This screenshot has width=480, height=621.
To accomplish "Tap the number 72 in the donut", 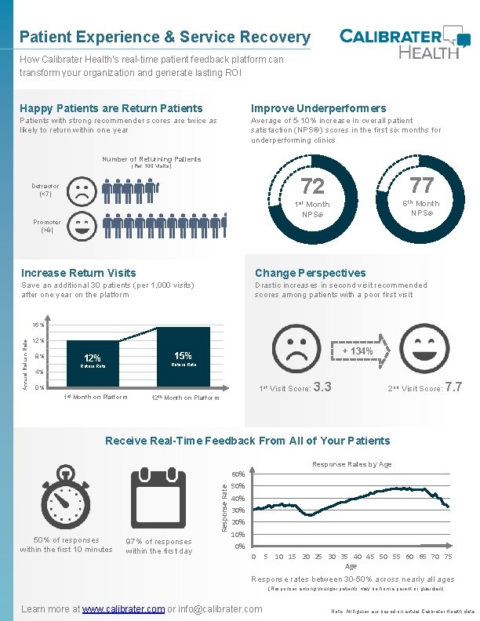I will (x=312, y=186).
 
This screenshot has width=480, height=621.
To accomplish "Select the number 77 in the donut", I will (x=421, y=185).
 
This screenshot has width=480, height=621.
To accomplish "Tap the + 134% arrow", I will (x=360, y=351).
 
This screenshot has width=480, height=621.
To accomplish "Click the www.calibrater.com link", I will (x=123, y=608).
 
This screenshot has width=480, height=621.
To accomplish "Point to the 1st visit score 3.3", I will (x=322, y=386).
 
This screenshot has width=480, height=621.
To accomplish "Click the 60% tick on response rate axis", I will (x=239, y=474).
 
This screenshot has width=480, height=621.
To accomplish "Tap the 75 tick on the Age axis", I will (x=447, y=557).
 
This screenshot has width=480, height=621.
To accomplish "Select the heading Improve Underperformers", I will (x=318, y=108).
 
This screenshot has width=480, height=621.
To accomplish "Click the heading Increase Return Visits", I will (x=78, y=273).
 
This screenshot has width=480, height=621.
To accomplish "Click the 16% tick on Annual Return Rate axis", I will (x=39, y=324).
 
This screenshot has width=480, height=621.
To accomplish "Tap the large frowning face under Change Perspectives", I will (x=292, y=350).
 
